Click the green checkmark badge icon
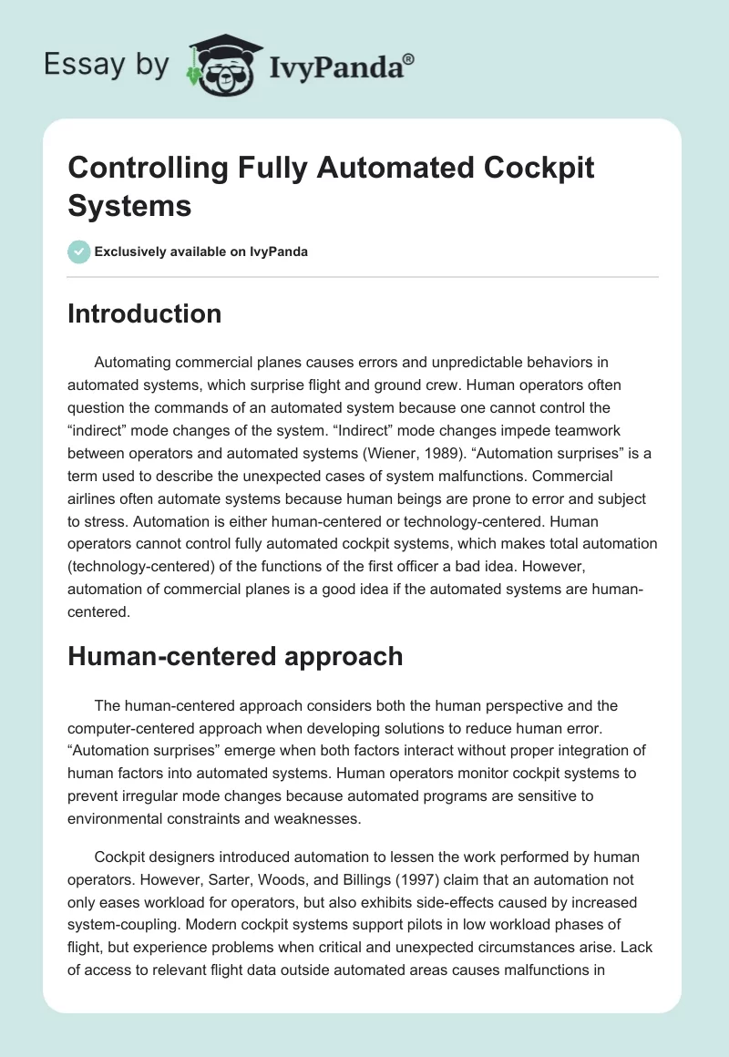79,251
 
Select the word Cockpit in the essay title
538,169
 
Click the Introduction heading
145,313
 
